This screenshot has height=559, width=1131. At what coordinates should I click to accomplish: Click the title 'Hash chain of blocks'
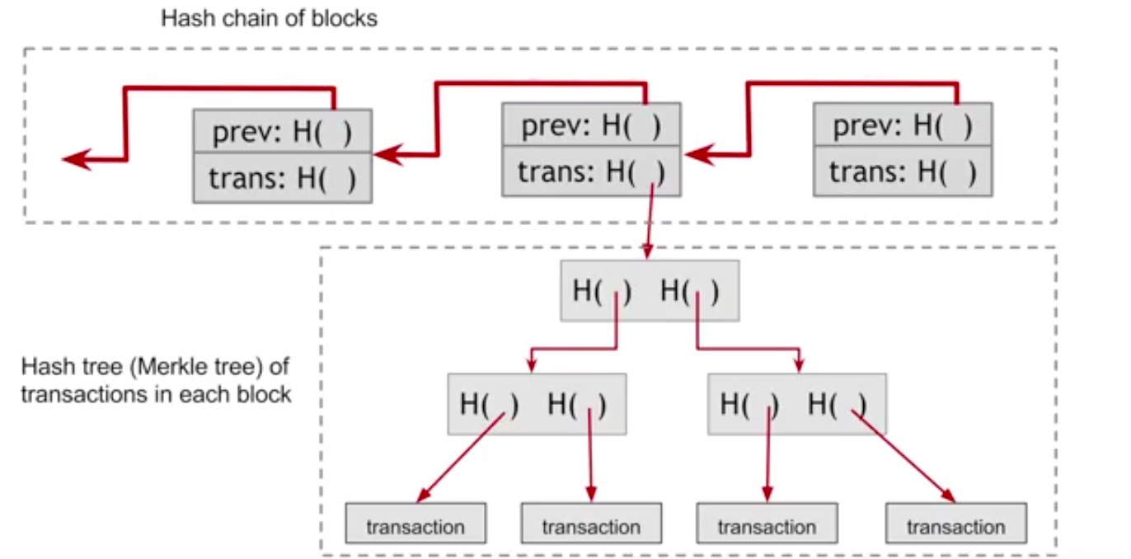[x=269, y=18]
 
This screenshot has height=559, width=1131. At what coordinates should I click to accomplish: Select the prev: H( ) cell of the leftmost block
[x=283, y=131]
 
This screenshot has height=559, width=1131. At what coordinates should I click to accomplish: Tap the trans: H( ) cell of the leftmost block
[x=283, y=177]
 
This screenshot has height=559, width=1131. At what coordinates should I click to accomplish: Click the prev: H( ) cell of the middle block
[x=591, y=125]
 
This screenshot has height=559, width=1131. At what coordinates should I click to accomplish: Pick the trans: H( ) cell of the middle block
[x=591, y=171]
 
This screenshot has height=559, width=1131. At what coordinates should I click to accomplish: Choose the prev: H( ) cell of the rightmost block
[x=903, y=125]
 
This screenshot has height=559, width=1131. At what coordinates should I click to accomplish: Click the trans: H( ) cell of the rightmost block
[x=903, y=171]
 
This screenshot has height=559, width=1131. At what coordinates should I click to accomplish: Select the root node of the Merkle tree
[x=650, y=290]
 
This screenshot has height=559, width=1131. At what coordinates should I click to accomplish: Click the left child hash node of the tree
[x=537, y=404]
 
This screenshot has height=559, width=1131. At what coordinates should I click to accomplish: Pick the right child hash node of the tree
[x=797, y=404]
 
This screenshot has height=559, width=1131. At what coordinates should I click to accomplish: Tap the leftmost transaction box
[x=415, y=526]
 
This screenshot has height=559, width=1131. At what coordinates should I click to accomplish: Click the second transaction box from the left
[x=591, y=526]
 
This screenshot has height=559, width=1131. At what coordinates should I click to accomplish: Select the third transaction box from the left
[x=767, y=526]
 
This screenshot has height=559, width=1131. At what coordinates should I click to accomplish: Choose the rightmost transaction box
[x=956, y=526]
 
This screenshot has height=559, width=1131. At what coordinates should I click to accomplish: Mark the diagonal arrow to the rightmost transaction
[x=905, y=456]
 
